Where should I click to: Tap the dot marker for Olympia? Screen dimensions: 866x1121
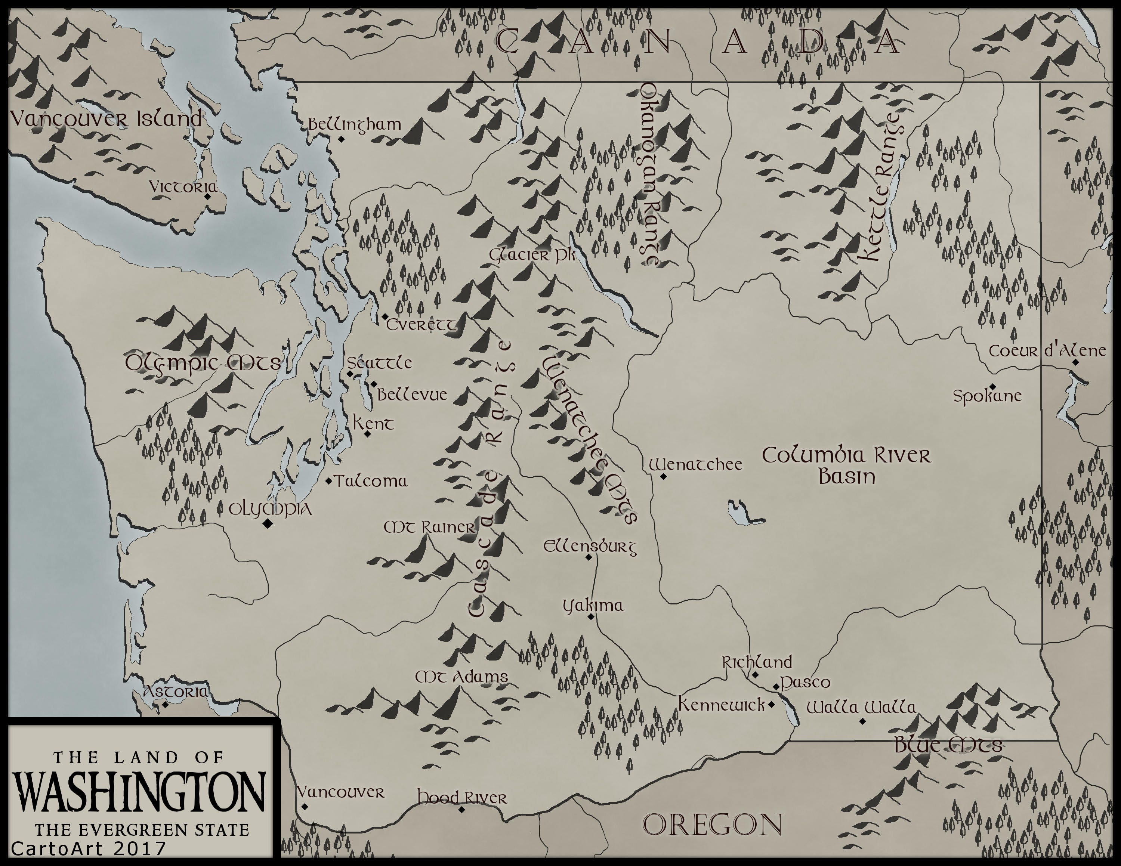coord(267,524)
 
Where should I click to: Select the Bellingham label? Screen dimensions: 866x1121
coord(354,125)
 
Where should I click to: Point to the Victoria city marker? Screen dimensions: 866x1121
coord(207,197)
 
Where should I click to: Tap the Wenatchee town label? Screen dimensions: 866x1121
coord(695,465)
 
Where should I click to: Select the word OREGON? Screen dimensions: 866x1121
coord(713,825)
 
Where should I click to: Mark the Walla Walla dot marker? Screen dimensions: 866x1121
coord(862,721)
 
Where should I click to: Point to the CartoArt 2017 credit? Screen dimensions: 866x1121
coord(88,848)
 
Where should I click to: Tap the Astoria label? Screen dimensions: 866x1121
coord(176,692)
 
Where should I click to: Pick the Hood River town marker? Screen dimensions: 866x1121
coord(461,810)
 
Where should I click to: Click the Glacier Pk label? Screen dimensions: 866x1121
coord(532,255)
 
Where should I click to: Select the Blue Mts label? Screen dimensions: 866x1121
coord(948,745)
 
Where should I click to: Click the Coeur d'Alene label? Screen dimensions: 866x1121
coord(1047,352)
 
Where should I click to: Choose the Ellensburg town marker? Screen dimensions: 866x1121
coord(589,557)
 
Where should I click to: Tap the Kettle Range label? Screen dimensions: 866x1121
coord(881,187)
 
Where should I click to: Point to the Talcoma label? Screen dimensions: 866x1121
coord(371,481)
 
